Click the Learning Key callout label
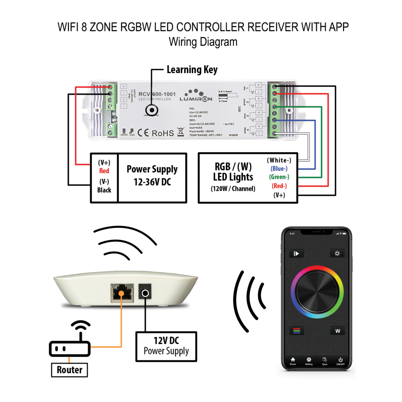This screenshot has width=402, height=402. [x=192, y=70]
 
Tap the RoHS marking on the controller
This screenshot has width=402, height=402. [x=163, y=133]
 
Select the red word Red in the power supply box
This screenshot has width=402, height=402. [x=104, y=171]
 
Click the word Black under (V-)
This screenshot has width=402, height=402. [x=104, y=190]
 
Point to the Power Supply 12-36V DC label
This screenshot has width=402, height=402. [x=152, y=175]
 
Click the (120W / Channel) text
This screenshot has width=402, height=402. [x=233, y=188]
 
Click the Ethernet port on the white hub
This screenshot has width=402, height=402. [x=122, y=292]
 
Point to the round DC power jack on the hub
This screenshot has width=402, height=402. [x=146, y=293]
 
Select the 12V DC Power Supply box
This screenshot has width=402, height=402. [x=166, y=346]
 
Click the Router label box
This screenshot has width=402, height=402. [x=69, y=370]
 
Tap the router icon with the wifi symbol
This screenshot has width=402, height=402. [x=70, y=344]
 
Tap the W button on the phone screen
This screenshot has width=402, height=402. [x=337, y=331]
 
